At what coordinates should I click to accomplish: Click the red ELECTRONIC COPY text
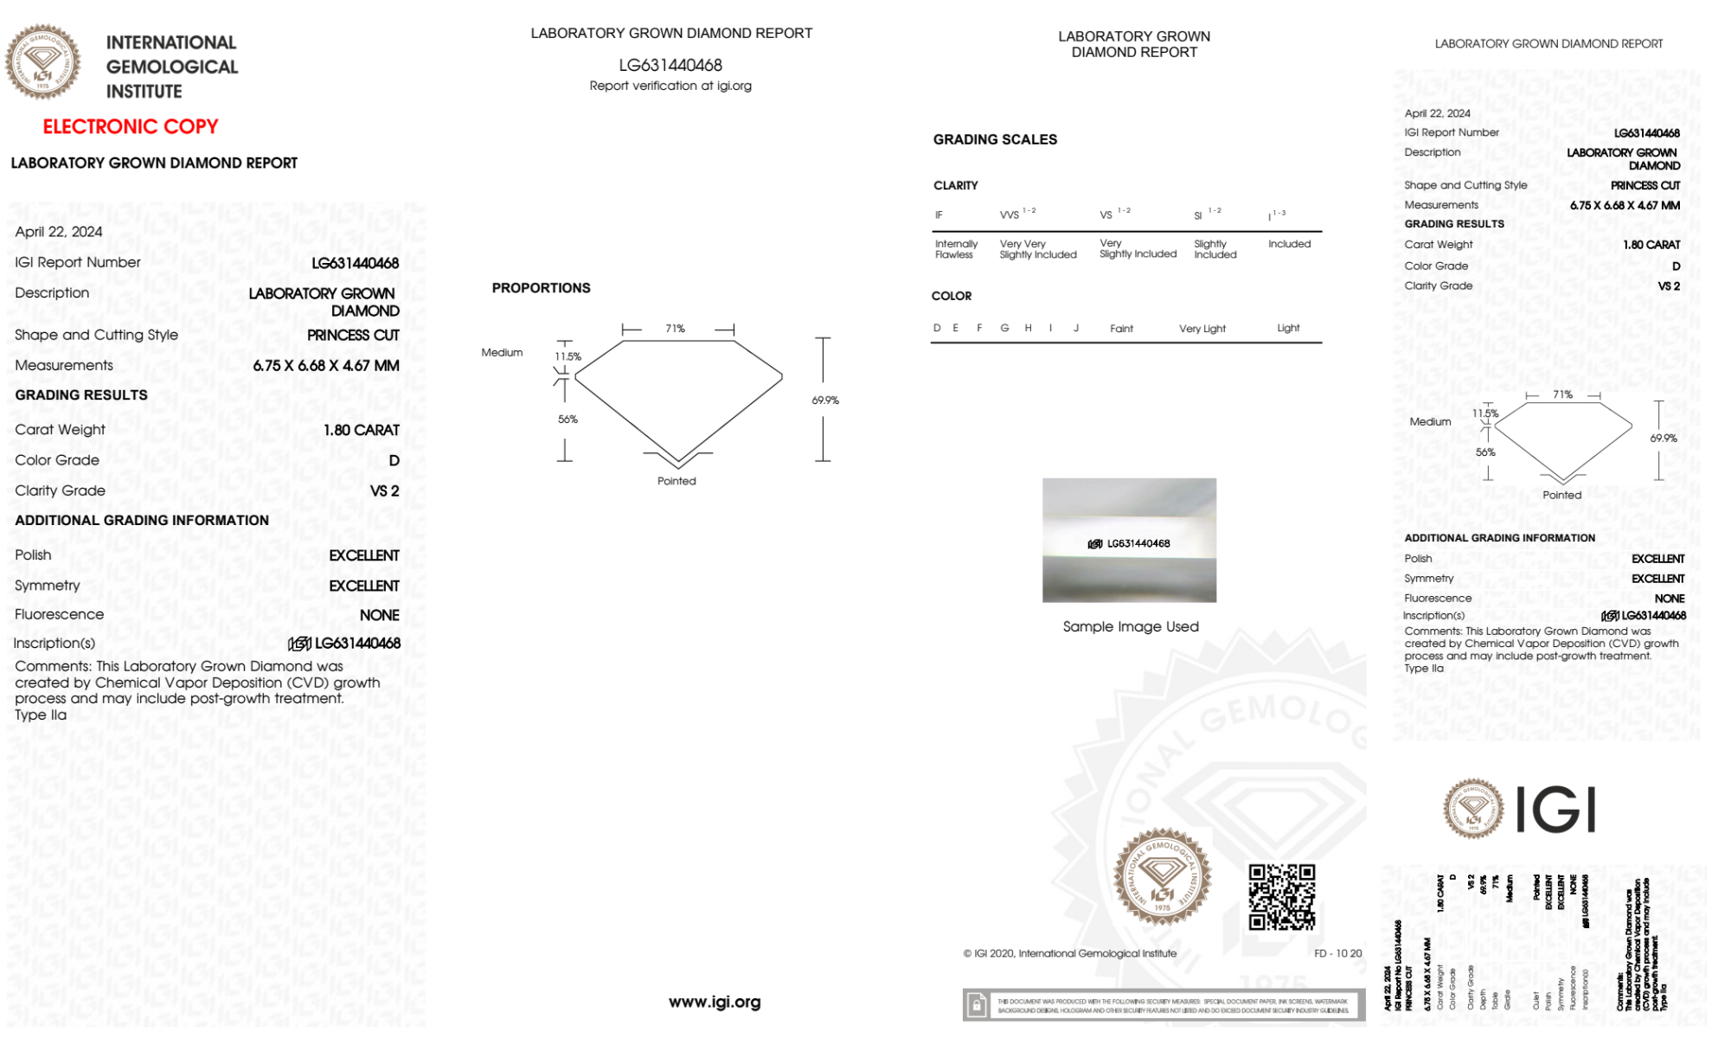pyautogui.click(x=131, y=127)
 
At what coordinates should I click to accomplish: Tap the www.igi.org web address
pyautogui.click(x=715, y=1002)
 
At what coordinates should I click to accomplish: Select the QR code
pyautogui.click(x=1281, y=897)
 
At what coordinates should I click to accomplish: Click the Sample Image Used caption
pyautogui.click(x=1131, y=626)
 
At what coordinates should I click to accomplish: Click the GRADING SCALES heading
pyautogui.click(x=995, y=139)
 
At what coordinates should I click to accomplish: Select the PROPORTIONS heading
pyautogui.click(x=541, y=288)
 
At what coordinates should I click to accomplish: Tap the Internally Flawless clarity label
pyautogui.click(x=956, y=249)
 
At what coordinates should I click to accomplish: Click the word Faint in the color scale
pyautogui.click(x=1121, y=329)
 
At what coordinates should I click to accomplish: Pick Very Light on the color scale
pyautogui.click(x=1202, y=329)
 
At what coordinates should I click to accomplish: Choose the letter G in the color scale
pyautogui.click(x=1004, y=328)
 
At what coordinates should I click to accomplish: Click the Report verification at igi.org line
pyautogui.click(x=670, y=86)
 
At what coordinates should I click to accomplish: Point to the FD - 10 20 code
pyautogui.click(x=1337, y=953)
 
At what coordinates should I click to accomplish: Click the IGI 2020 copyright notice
pyautogui.click(x=1070, y=953)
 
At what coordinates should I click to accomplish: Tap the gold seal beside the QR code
pyautogui.click(x=1162, y=877)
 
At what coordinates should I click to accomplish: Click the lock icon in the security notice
pyautogui.click(x=977, y=1005)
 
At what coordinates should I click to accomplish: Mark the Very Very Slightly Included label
pyautogui.click(x=1037, y=249)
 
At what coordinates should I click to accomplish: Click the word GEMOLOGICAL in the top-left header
pyautogui.click(x=171, y=67)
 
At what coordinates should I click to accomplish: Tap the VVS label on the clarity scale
pyautogui.click(x=1010, y=215)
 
